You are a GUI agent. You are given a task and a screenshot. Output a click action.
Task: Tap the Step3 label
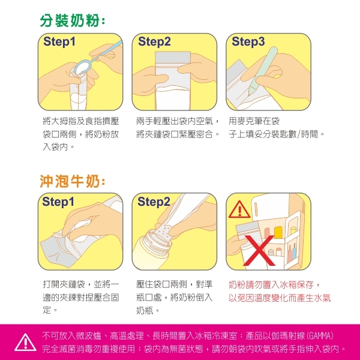[x=248, y=41]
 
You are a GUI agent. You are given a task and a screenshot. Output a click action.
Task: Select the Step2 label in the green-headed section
[x=154, y=41]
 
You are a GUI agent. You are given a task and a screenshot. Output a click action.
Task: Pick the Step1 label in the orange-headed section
[x=58, y=202]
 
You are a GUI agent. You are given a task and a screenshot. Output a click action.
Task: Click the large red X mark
[x=259, y=250]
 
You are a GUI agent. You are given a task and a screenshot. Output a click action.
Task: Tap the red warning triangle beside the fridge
[x=239, y=209]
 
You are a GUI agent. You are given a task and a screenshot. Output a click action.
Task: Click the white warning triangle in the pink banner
[x=25, y=343]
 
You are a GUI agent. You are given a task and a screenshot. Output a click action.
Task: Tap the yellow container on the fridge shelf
[x=278, y=232]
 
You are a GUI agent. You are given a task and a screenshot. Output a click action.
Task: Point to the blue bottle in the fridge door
[x=294, y=251]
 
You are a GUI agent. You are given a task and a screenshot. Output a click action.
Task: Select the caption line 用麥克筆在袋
[x=254, y=121]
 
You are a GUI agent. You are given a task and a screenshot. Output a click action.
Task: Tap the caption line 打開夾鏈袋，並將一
[x=81, y=284]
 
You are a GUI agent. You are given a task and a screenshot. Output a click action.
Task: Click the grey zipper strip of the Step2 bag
[x=173, y=58]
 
